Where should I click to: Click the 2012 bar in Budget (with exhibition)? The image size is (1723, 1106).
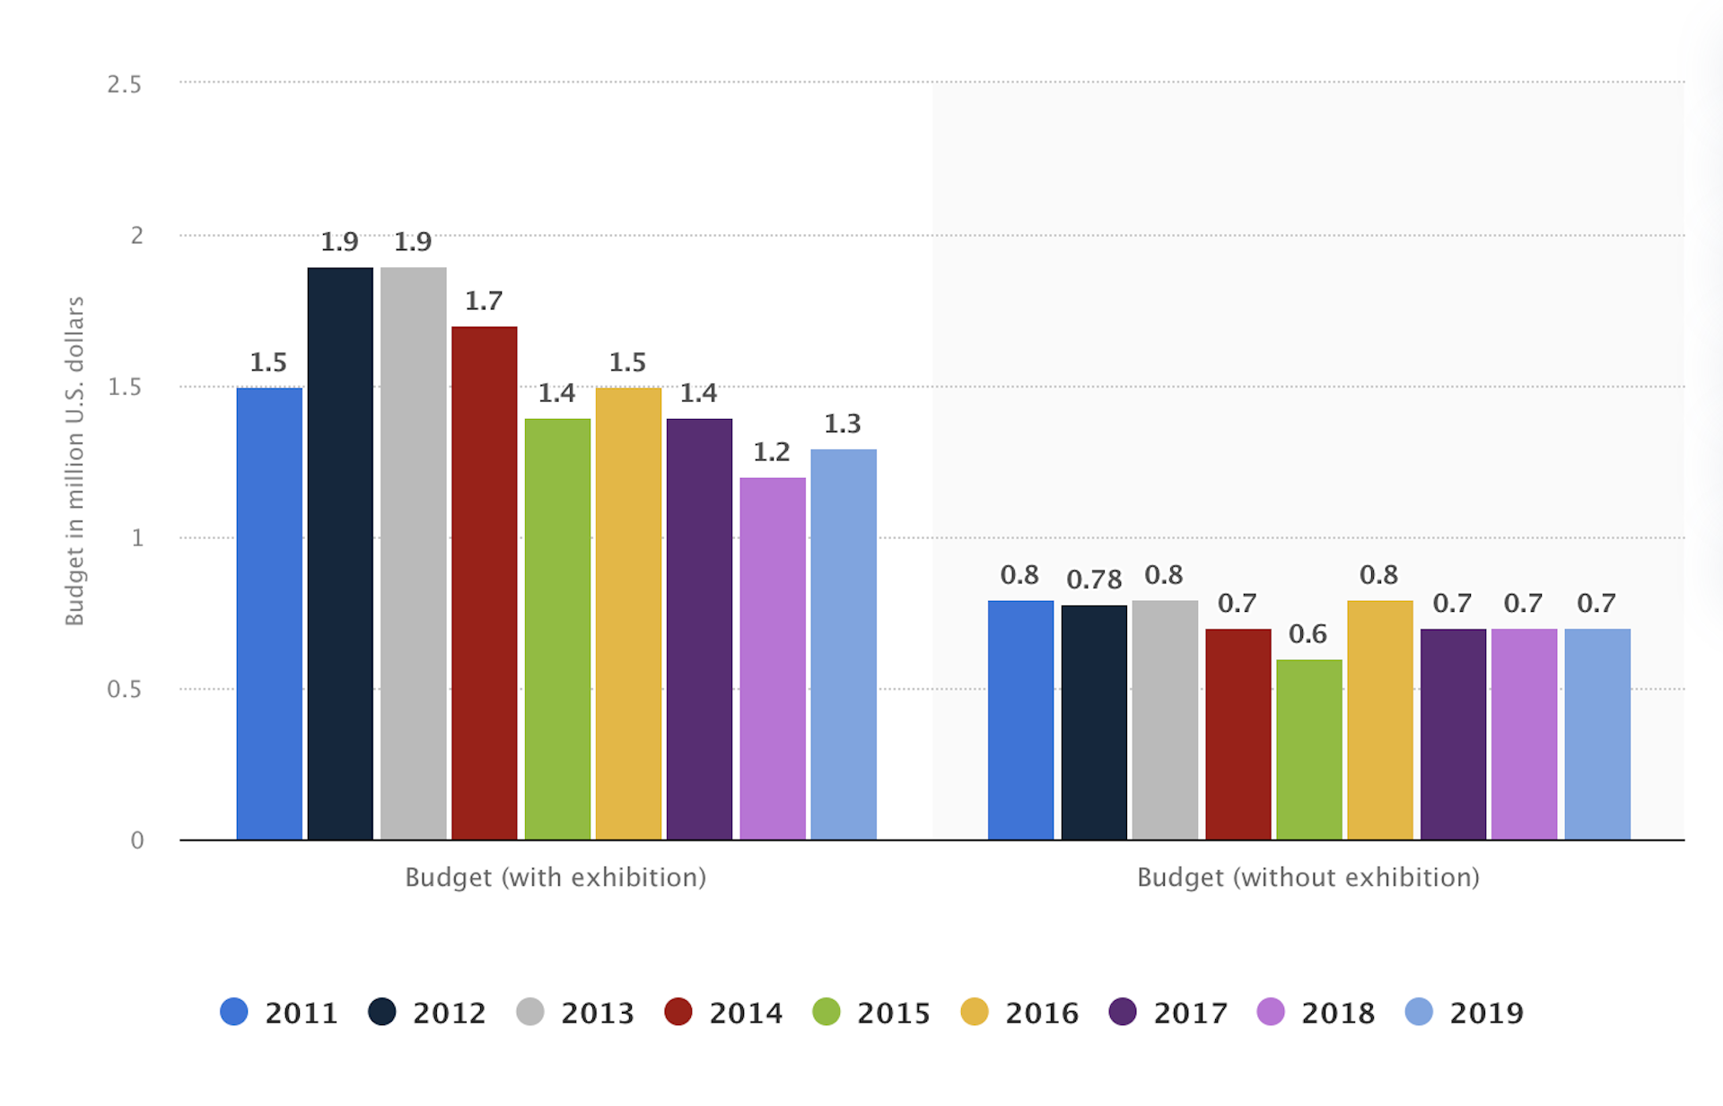(x=340, y=553)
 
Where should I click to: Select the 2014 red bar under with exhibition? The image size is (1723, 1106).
(x=485, y=583)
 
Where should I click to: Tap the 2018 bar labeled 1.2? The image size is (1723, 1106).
(x=773, y=658)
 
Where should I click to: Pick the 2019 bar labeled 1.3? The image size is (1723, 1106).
(x=844, y=644)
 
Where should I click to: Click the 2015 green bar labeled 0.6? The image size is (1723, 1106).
(x=1309, y=750)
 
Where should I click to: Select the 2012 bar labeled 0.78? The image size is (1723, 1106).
(x=1094, y=723)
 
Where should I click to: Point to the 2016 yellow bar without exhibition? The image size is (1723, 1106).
(x=1380, y=720)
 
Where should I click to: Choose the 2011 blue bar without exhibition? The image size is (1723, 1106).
(x=1020, y=720)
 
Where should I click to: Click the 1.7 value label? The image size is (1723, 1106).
(x=484, y=301)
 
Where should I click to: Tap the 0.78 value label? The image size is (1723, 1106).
(x=1094, y=580)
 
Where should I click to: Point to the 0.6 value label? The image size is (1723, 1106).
(x=1308, y=635)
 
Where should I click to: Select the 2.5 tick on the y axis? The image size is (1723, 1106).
(x=125, y=85)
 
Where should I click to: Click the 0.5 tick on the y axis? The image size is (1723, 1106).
(x=125, y=690)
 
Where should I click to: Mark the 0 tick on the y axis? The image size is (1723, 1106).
(x=137, y=840)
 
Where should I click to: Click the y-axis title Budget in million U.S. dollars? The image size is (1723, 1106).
(x=74, y=461)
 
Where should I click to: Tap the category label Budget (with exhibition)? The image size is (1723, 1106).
(x=555, y=877)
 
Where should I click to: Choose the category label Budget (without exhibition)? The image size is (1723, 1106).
(x=1308, y=877)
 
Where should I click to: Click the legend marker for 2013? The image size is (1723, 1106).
(x=530, y=1012)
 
